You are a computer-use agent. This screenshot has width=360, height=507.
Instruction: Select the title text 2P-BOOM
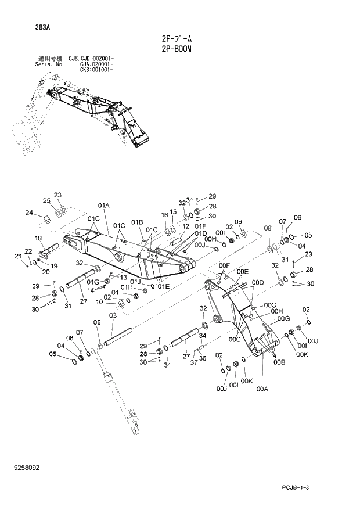pos(177,49)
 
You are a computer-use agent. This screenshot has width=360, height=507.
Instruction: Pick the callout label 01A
pos(104,206)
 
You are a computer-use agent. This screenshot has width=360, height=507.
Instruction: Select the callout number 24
pos(29,213)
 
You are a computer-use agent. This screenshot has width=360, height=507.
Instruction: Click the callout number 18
pos(38,239)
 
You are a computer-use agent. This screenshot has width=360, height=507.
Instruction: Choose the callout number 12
pos(186,227)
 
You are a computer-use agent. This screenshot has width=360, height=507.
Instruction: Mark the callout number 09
pos(238,221)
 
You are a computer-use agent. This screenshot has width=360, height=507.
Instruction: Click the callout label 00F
pos(225,265)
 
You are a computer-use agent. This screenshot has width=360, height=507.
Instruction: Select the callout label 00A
pos(262,389)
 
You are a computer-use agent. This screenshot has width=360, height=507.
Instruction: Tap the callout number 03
pos(113,315)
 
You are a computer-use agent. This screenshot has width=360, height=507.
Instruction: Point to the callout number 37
pos(195,362)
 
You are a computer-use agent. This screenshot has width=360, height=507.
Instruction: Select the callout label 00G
pos(283,318)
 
